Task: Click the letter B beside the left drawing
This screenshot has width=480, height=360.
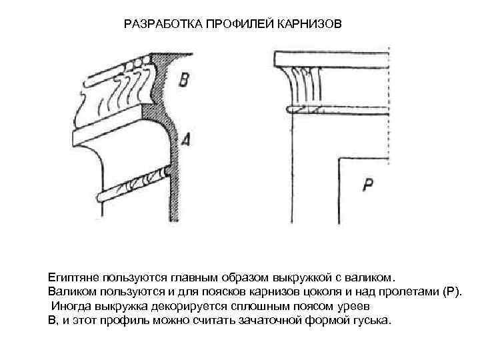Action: click(x=185, y=81)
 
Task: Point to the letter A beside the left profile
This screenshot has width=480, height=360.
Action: click(x=185, y=139)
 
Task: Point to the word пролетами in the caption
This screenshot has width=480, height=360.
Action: click(x=403, y=291)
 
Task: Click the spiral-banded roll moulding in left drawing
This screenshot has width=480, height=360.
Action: click(x=133, y=184)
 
